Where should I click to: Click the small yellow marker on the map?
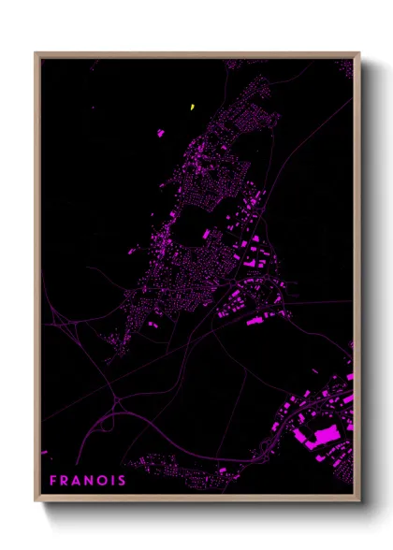(192, 106)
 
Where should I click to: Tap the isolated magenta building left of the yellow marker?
(160, 133)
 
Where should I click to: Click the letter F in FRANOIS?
(53, 481)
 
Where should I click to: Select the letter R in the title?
(67, 481)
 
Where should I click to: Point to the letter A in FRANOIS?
(81, 481)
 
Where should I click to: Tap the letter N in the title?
(95, 481)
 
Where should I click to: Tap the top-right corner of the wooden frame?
(358, 53)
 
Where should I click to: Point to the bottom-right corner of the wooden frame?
(358, 500)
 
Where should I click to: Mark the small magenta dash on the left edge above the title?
(44, 453)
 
